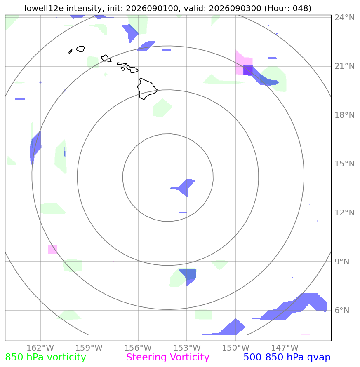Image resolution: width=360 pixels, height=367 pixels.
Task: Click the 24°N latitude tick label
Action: (x=344, y=18)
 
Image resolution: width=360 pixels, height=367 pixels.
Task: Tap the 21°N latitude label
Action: (x=344, y=66)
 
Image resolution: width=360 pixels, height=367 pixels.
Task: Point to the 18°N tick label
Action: (x=344, y=115)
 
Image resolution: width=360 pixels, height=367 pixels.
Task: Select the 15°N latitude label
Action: (x=344, y=164)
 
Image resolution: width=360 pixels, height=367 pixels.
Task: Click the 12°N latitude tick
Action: (x=344, y=213)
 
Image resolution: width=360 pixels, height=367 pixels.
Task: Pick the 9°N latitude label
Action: (x=342, y=262)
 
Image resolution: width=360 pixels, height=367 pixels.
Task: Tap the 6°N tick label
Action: (x=342, y=310)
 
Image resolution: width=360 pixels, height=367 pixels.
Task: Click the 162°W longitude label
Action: (x=40, y=348)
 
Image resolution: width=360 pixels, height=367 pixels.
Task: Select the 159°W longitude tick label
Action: (x=89, y=348)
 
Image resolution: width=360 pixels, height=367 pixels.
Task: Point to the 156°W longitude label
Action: (x=138, y=348)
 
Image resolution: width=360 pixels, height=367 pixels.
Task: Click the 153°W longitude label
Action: (x=187, y=348)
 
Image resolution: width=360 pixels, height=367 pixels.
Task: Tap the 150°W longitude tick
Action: (x=236, y=348)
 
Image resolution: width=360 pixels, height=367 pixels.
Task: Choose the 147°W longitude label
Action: (x=285, y=348)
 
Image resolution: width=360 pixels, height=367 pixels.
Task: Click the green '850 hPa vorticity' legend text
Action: (x=45, y=358)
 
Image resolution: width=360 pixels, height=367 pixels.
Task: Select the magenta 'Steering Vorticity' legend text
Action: (x=167, y=358)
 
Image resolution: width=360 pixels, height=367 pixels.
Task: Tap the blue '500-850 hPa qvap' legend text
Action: (x=287, y=358)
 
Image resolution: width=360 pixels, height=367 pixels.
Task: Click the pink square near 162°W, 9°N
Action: (x=52, y=249)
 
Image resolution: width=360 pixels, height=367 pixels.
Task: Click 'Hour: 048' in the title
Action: (x=287, y=8)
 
